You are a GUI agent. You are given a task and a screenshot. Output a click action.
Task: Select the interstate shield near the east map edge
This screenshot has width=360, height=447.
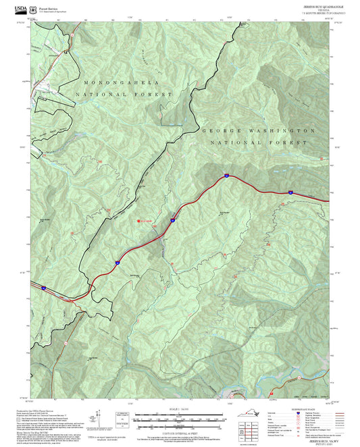pos(290,192)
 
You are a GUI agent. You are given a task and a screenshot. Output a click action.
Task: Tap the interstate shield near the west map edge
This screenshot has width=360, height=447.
pos(43,288)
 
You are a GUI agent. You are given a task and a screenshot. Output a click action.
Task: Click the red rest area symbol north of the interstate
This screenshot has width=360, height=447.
pos(140,220)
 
